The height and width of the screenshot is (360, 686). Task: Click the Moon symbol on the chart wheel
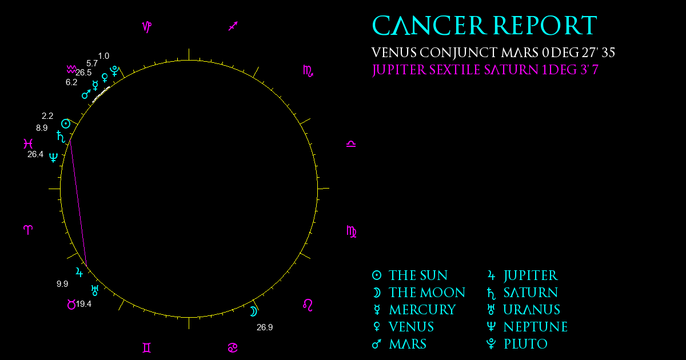pos(254,311)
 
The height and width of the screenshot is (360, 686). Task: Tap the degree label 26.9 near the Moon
pos(265,327)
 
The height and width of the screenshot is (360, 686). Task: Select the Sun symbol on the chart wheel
pos(66,124)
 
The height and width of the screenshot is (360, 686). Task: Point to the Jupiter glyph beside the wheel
pos(79,272)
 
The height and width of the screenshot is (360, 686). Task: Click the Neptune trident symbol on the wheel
pos(53,158)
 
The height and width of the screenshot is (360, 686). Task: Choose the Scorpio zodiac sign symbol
pos(308,71)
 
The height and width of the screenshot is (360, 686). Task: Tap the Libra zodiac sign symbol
pos(351,144)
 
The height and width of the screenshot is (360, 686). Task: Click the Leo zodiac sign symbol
pos(308,305)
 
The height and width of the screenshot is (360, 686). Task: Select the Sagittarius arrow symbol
pos(233,26)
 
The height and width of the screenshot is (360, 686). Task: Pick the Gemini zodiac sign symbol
pos(147,348)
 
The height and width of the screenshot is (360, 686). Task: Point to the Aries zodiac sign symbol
pos(28,230)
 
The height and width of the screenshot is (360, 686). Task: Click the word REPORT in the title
pos(545,26)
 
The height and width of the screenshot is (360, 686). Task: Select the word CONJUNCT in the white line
pos(458,53)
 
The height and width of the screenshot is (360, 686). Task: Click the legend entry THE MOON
pos(427,293)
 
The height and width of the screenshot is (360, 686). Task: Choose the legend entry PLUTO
pos(525,344)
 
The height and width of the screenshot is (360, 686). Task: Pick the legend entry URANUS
pos(532,310)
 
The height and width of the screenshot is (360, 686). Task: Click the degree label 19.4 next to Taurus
pos(83,304)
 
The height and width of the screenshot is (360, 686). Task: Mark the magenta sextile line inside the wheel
pos(78,203)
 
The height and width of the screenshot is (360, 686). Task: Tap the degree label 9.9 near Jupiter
pos(62,284)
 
